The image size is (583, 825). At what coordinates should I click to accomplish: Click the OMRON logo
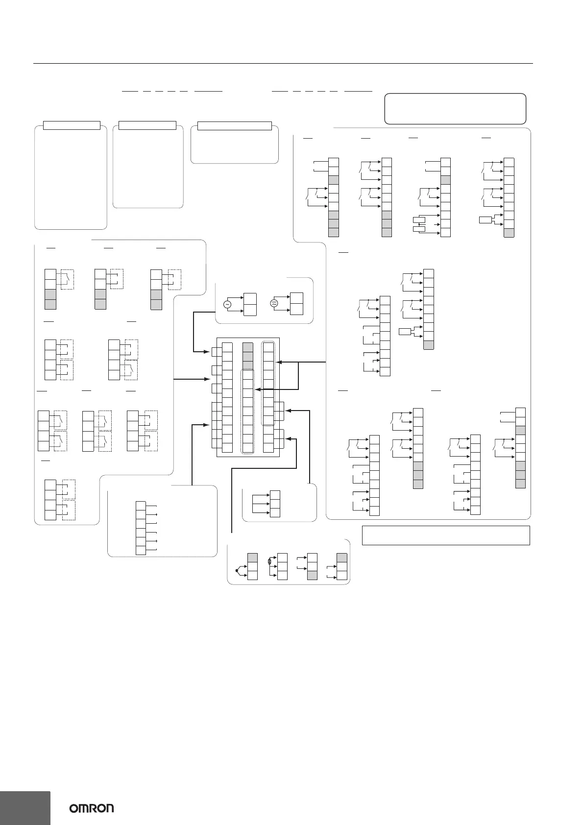(x=92, y=808)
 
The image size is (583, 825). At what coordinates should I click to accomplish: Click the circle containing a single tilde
(x=227, y=304)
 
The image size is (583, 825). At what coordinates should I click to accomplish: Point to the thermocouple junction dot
(x=237, y=571)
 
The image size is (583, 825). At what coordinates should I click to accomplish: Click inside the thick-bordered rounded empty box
(x=456, y=108)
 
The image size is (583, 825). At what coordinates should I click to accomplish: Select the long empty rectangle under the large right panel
(x=446, y=535)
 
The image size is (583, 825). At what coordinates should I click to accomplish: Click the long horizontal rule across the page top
(x=283, y=63)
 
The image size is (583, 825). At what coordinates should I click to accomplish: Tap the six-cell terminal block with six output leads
(x=141, y=527)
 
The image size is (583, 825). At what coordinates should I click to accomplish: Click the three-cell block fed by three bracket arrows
(x=275, y=504)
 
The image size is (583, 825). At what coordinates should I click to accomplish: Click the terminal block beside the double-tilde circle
(x=296, y=304)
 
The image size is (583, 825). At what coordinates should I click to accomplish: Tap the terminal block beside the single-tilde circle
(x=249, y=304)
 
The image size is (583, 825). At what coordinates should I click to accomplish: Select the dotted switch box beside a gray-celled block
(x=67, y=279)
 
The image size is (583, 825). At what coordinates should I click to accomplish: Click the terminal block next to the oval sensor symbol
(x=282, y=566)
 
